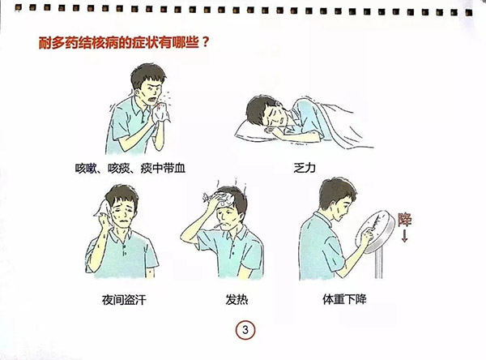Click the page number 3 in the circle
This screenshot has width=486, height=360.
click(x=244, y=330)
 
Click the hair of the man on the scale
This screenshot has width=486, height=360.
click(x=334, y=192)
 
